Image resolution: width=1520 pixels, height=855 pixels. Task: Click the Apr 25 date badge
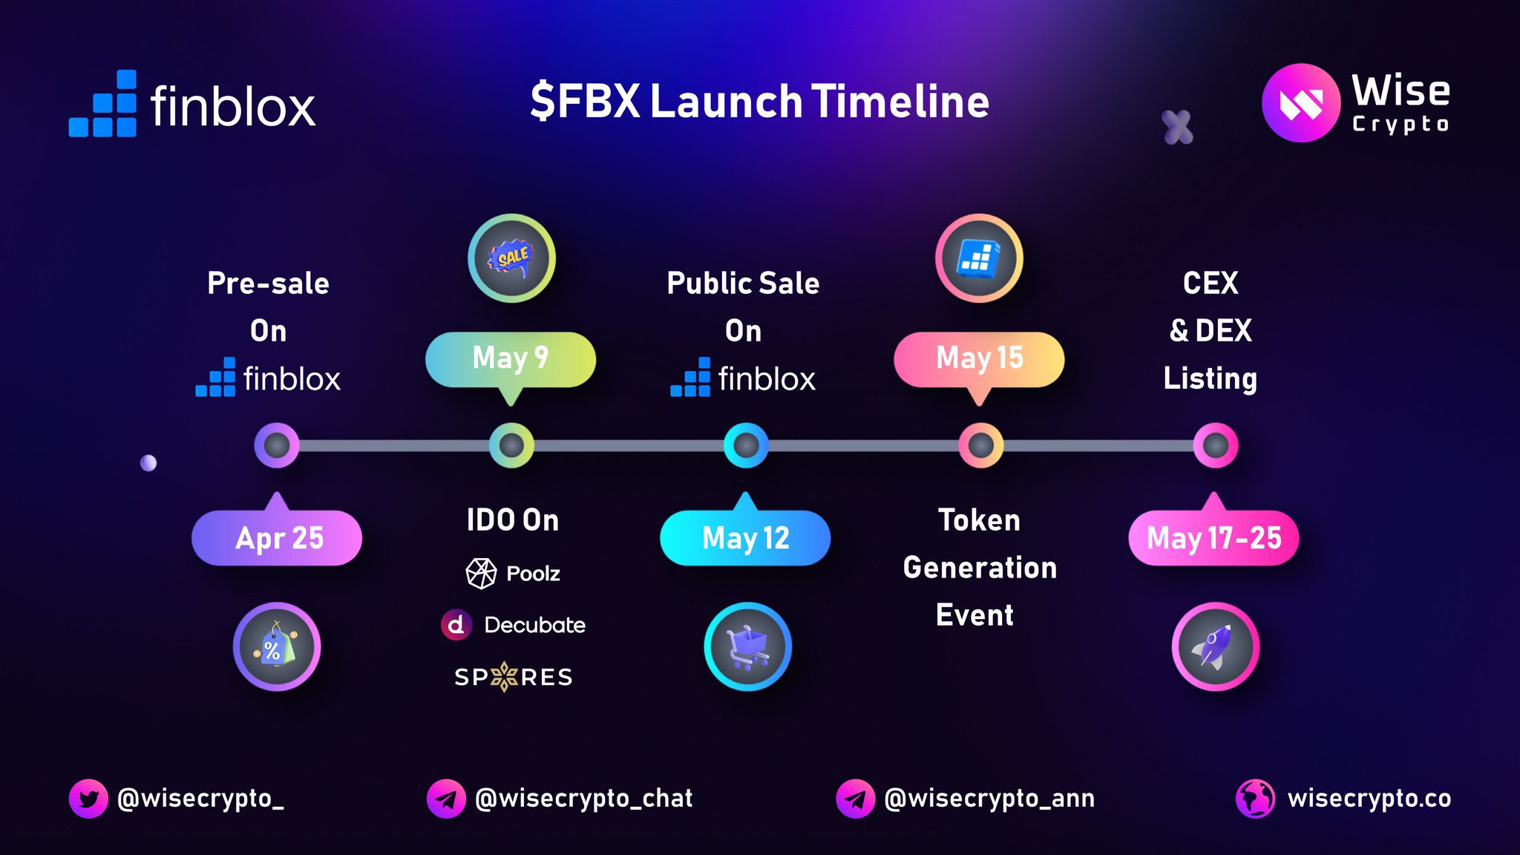coord(277,537)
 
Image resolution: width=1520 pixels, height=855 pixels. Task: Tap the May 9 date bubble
coord(511,358)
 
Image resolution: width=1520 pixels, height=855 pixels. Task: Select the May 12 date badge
coord(745,537)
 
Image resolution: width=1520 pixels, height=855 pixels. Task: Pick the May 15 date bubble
coord(979,358)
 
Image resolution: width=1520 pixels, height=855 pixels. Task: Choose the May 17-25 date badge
coord(1213,537)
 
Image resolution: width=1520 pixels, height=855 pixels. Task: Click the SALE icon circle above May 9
coord(511,258)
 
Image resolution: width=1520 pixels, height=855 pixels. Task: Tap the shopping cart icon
coord(747,646)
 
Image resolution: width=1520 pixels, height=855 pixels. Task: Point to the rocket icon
coord(1215,646)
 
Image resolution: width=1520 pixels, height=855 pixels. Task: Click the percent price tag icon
coord(277,646)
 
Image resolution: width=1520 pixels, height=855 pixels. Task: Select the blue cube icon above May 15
coord(979,258)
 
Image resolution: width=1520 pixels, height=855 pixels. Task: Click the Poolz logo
coord(513,573)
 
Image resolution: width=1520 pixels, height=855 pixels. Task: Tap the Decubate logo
coord(513,625)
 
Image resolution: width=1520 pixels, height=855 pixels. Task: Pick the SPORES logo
coord(513,677)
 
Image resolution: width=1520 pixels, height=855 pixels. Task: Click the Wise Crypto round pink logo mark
coord(1301,102)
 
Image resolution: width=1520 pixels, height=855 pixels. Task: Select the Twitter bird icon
coord(88,799)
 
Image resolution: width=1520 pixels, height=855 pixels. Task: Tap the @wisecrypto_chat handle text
coord(583,799)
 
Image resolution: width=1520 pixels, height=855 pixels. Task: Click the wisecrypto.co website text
coord(1369,799)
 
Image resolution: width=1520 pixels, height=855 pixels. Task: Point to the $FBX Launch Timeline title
coord(759,102)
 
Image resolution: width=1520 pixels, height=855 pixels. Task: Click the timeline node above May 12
coord(746,445)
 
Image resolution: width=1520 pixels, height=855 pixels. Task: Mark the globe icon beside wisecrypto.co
coord(1255,799)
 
